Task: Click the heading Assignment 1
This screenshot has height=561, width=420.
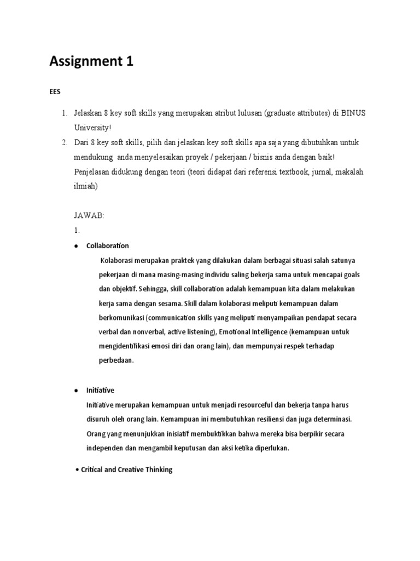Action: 91,62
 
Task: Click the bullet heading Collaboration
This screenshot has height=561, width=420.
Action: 108,245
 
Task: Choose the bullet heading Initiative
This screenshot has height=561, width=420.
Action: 100,391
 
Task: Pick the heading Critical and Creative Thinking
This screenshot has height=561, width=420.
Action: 126,470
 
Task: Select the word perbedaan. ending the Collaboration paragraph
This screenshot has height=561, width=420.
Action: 116,361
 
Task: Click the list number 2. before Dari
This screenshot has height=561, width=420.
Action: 64,142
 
